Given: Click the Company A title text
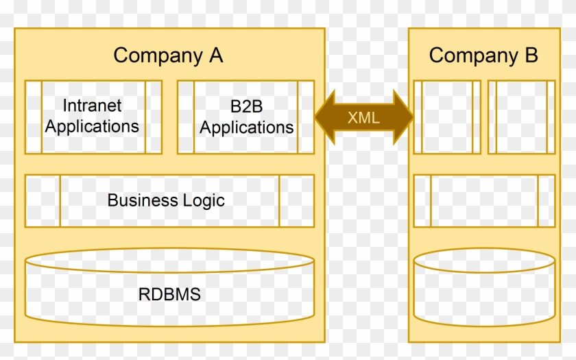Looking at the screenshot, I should [168, 56].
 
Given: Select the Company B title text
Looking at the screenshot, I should [483, 56].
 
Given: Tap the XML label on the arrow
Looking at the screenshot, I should [363, 117].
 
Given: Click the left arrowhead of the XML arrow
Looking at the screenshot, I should [324, 117].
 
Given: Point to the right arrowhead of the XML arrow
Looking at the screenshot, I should [404, 117].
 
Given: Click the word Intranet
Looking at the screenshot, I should [92, 106].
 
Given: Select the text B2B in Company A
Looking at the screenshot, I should [246, 107].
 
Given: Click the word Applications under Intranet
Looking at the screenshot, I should [92, 127].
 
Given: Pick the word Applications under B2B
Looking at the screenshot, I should [246, 128].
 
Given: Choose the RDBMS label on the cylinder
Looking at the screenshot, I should [169, 295].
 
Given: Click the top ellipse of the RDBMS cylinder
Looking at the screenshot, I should [169, 260].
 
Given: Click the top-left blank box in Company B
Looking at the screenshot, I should [447, 117].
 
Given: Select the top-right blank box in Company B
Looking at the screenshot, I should [521, 117].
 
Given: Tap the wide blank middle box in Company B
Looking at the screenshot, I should [484, 200].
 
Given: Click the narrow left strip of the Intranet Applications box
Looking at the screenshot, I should [34, 117].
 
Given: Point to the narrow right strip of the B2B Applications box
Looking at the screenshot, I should [306, 117].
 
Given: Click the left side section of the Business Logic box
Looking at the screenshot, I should [43, 200].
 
